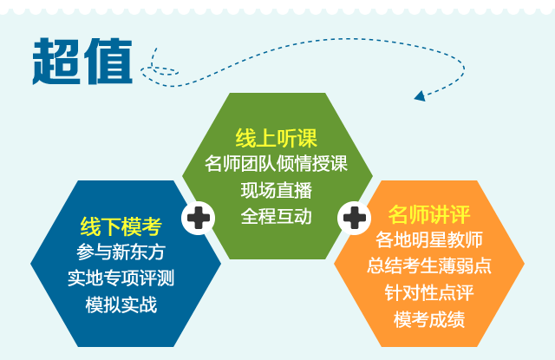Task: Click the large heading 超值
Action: [82, 62]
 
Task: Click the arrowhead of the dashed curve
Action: [420, 96]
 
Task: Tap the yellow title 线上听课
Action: [276, 138]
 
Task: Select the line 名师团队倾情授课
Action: [276, 164]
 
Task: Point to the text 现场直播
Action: [276, 190]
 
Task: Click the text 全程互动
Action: [276, 216]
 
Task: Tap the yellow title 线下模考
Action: [121, 226]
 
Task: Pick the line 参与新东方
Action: [121, 252]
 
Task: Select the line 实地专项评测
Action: [121, 278]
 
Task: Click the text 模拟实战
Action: [121, 304]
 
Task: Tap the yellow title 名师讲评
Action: [429, 214]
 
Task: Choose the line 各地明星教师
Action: [429, 239]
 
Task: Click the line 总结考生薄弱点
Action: [429, 265]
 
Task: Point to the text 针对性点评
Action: [429, 292]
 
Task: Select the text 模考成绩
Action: [429, 319]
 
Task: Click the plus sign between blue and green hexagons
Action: [199, 218]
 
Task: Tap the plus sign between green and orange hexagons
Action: [355, 218]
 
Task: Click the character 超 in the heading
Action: [55, 62]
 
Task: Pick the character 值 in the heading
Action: [108, 62]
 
